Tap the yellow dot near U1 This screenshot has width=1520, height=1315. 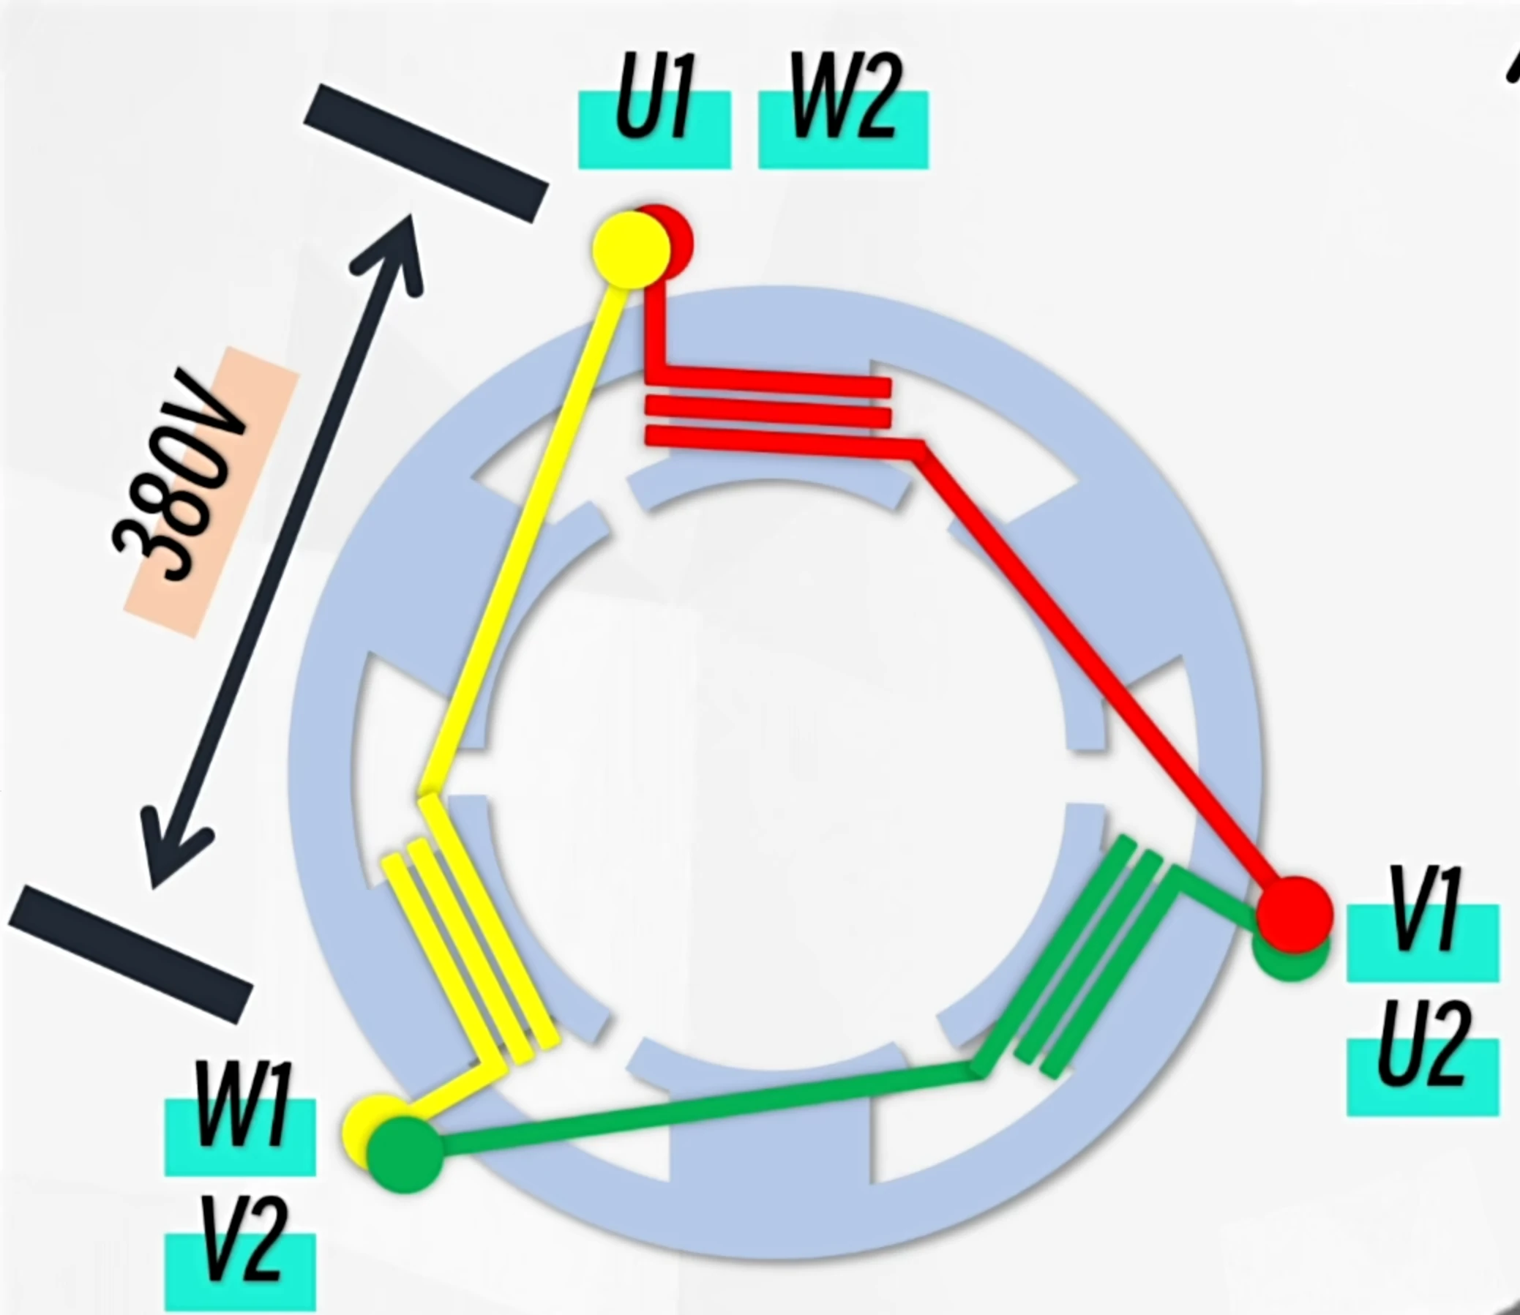629,250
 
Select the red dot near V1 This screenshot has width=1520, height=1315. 1295,914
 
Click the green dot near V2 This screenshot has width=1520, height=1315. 405,1153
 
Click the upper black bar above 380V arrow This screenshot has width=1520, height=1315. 426,153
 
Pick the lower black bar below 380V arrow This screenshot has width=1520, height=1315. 131,954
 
